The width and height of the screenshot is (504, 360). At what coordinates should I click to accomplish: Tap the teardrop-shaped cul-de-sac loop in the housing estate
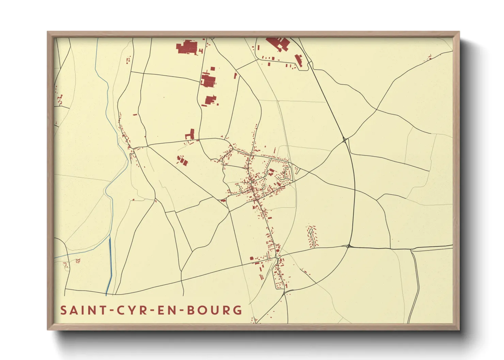[x=311, y=232]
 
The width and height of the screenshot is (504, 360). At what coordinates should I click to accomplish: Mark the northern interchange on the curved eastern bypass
[x=345, y=140]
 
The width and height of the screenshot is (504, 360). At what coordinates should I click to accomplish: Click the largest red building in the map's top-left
[x=187, y=47]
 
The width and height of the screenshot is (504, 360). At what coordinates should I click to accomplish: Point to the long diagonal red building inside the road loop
[x=299, y=61]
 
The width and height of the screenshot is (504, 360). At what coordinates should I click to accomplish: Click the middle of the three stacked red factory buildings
[x=208, y=81]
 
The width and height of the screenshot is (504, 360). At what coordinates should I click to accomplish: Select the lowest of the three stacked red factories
[x=210, y=100]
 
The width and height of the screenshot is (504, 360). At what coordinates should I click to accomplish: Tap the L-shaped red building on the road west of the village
[x=190, y=134]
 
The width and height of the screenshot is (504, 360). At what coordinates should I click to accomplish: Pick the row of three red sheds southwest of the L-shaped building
[x=183, y=160]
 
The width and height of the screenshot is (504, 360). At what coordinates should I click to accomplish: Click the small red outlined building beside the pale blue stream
[x=78, y=261]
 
